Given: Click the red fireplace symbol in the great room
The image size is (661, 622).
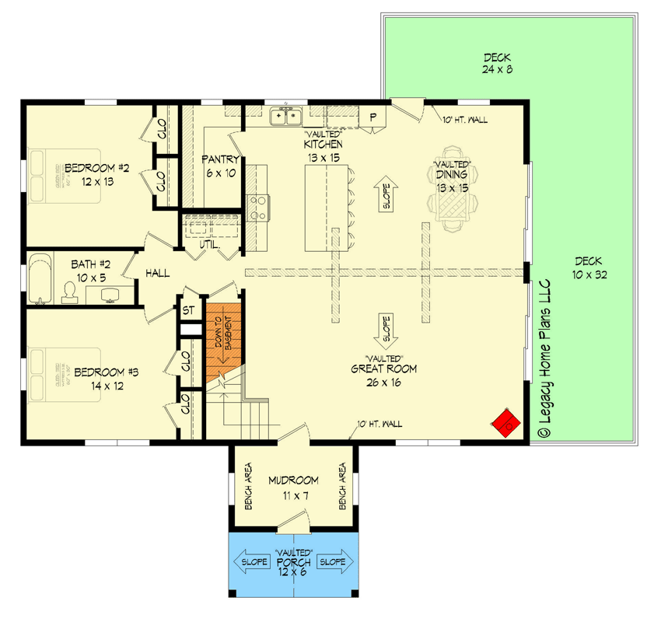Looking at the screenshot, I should pos(503,424).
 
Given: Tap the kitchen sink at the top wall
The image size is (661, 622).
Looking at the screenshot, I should pos(285,117).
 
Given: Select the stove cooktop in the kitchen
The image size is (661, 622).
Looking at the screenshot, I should pos(258,206).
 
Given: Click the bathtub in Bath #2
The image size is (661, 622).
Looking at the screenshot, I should pos(39,278).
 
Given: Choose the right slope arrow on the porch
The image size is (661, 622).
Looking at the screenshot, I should pos(337,561).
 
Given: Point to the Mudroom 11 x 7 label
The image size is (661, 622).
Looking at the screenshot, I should pos(294,486).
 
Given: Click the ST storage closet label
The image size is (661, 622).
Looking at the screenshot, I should pos(188,310).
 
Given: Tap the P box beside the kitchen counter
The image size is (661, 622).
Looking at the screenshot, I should pos(372,117).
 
